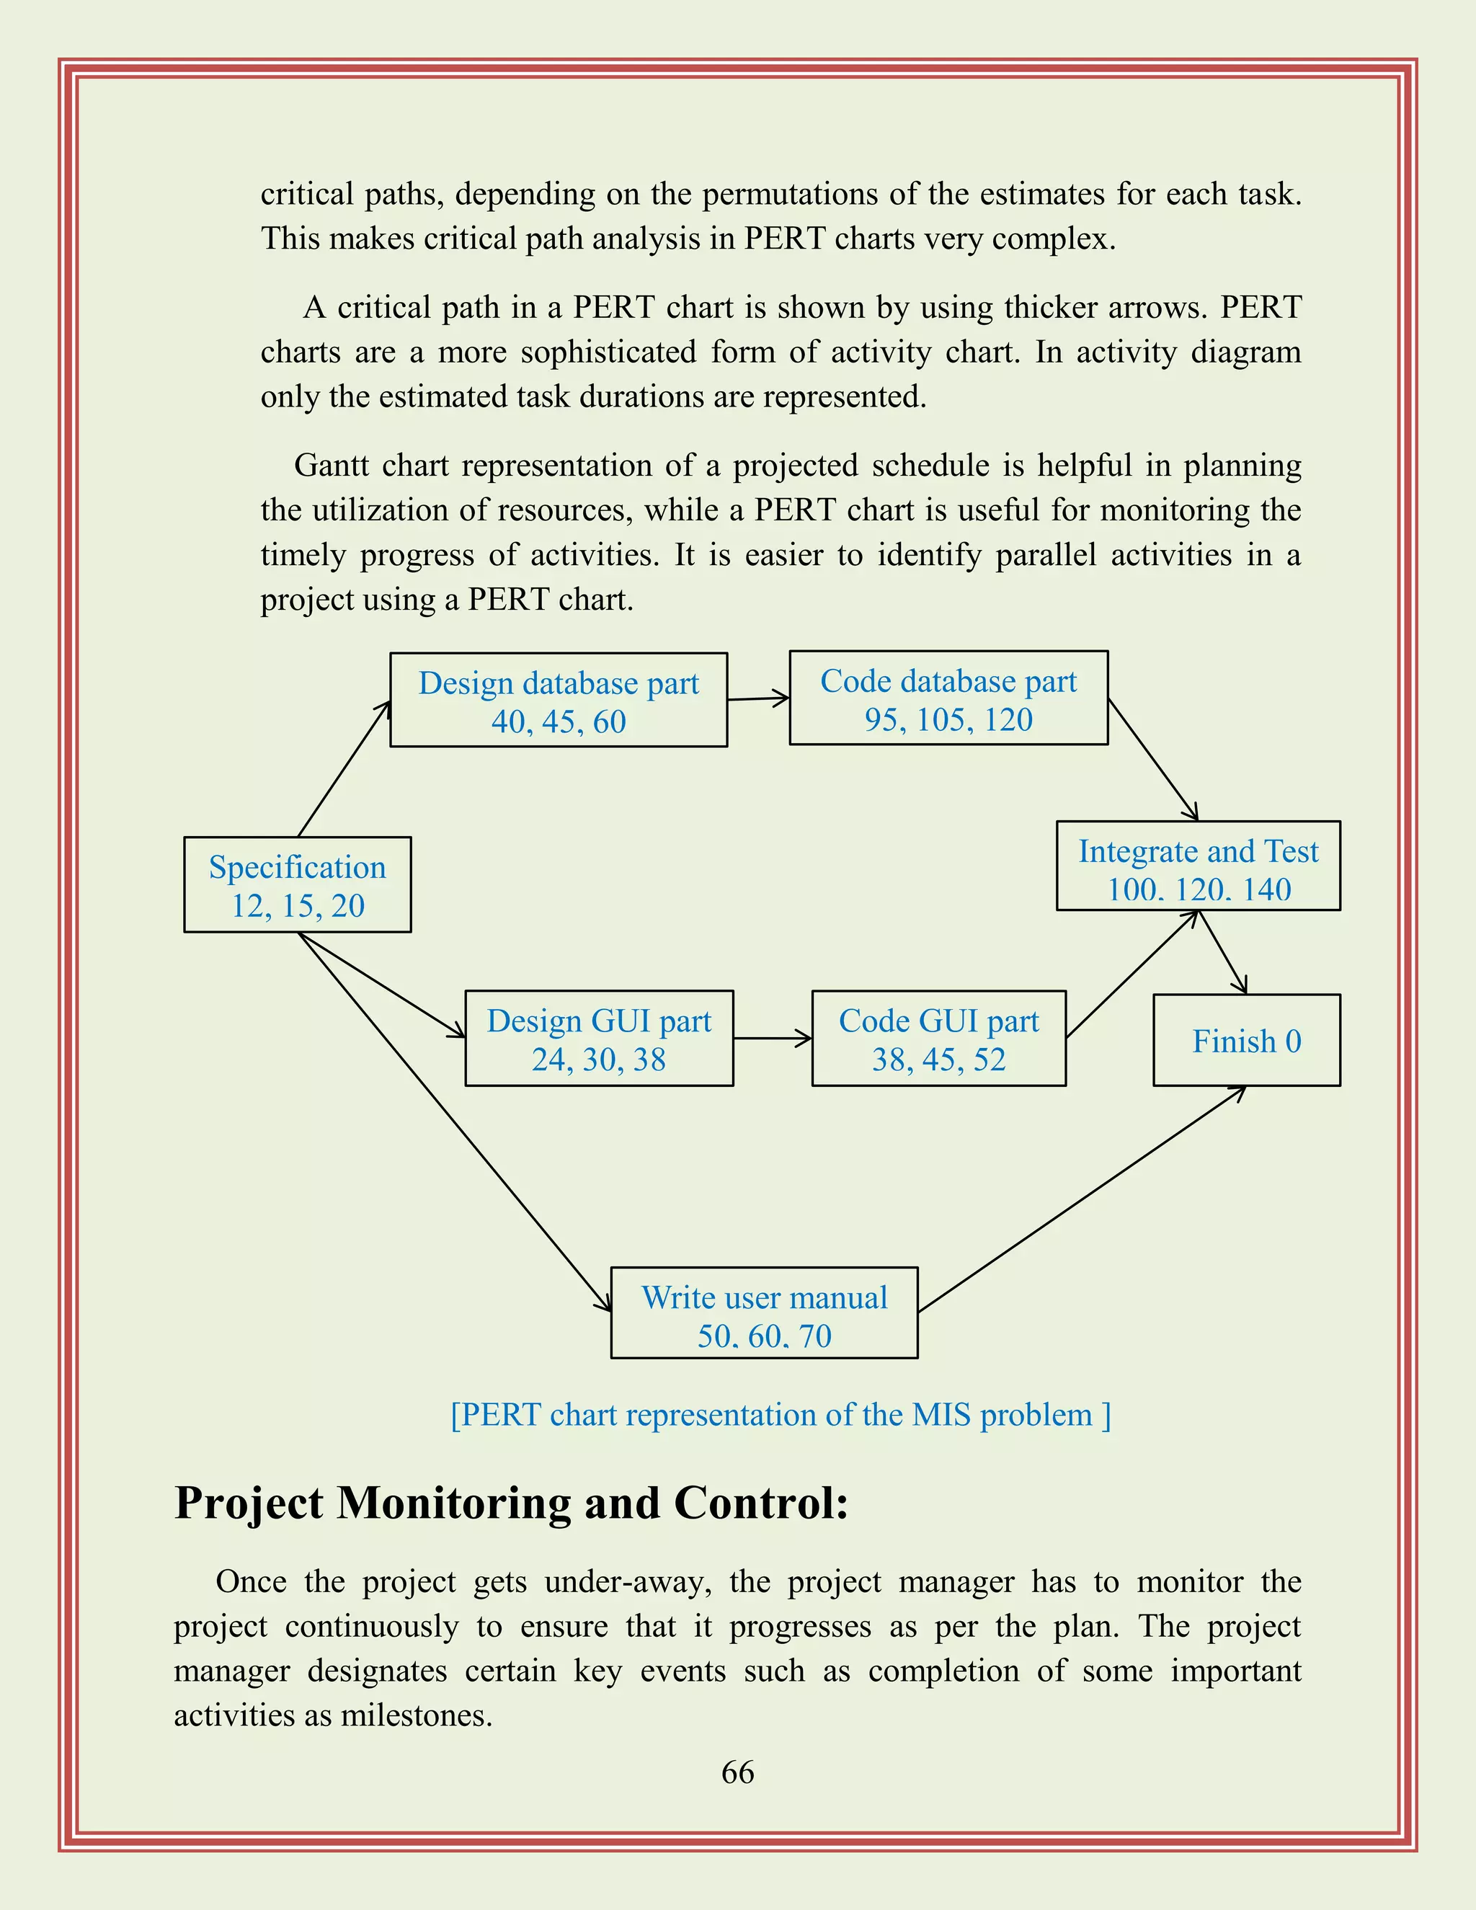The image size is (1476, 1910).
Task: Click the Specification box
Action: point(298,884)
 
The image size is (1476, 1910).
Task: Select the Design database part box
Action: point(558,700)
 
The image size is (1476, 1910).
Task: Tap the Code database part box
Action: point(948,698)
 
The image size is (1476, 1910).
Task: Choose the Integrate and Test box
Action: point(1198,866)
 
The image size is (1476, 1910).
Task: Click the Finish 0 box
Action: point(1246,1040)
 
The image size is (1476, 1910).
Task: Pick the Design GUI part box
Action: point(599,1038)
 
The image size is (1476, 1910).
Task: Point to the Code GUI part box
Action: point(938,1038)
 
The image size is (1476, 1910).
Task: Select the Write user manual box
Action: point(764,1312)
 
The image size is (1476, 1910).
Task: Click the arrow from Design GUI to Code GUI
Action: point(772,1038)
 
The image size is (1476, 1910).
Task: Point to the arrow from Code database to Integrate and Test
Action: point(1152,759)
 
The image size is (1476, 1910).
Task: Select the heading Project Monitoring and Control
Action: point(512,1503)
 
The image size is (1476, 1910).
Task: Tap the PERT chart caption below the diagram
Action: point(780,1414)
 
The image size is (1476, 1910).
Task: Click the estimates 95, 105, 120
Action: point(948,720)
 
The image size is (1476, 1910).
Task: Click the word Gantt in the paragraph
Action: point(332,466)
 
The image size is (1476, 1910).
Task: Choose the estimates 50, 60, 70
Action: point(764,1336)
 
